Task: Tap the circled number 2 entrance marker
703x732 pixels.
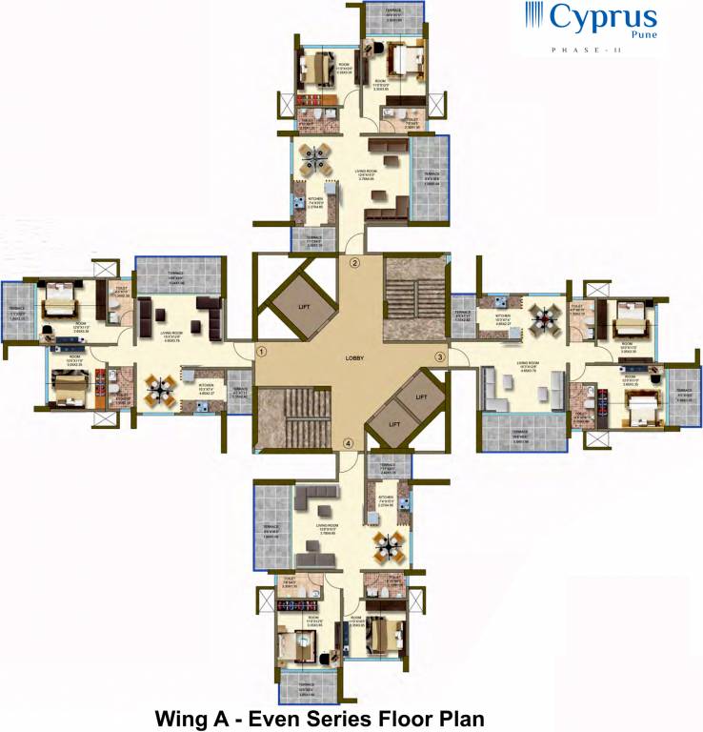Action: (x=354, y=263)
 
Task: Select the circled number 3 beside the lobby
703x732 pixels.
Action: (x=439, y=356)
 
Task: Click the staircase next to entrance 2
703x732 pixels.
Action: (x=413, y=300)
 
